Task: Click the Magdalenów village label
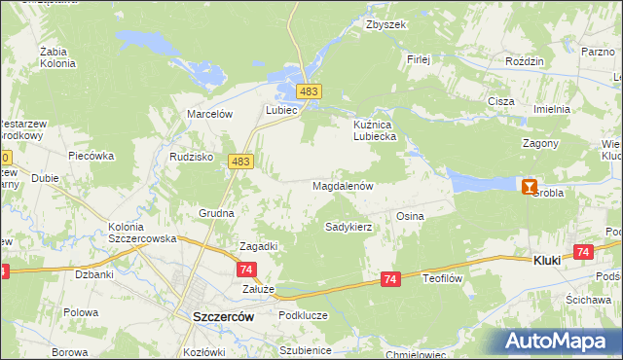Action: [x=342, y=185]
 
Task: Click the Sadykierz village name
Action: [x=348, y=227]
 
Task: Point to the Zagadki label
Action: [x=258, y=246]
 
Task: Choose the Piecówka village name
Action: [x=92, y=156]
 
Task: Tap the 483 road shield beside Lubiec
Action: [x=310, y=91]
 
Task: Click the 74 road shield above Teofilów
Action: [x=389, y=279]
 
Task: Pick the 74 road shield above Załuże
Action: [x=246, y=270]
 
